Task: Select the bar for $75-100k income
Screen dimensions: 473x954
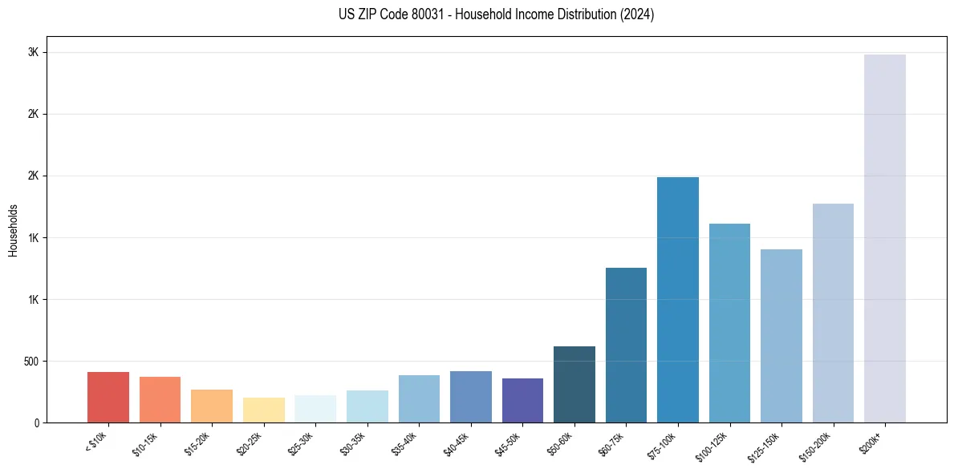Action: click(x=678, y=300)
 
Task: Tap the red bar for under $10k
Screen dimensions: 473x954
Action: click(x=108, y=397)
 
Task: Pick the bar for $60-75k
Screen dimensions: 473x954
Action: click(x=626, y=345)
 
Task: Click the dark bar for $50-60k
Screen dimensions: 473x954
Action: click(x=574, y=384)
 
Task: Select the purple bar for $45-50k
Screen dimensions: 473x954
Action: click(x=522, y=400)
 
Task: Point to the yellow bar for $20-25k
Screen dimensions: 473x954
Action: click(x=264, y=410)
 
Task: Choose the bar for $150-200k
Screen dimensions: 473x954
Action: click(x=833, y=313)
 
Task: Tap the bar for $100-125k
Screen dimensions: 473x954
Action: click(x=729, y=323)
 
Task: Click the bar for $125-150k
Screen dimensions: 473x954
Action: click(x=781, y=336)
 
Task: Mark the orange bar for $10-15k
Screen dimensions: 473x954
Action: click(x=160, y=399)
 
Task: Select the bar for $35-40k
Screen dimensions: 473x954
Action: click(x=419, y=398)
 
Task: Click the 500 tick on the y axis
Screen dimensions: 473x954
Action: click(x=32, y=362)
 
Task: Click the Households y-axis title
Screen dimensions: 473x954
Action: click(x=13, y=230)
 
